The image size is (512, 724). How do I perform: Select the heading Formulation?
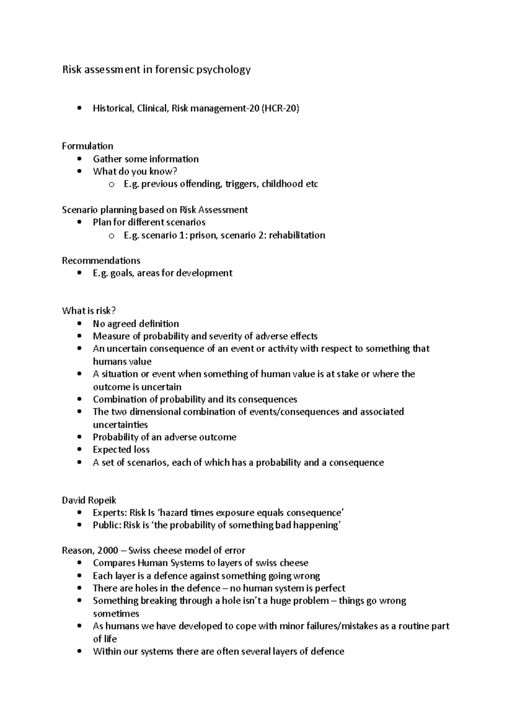[87, 146]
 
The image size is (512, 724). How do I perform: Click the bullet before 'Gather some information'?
[79, 159]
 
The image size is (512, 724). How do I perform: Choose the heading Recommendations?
[101, 261]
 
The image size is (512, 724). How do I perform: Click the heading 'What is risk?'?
[89, 311]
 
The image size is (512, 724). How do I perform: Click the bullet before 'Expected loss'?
[79, 450]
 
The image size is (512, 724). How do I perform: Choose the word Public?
[106, 525]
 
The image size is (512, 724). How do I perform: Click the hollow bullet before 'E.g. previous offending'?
[111, 185]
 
